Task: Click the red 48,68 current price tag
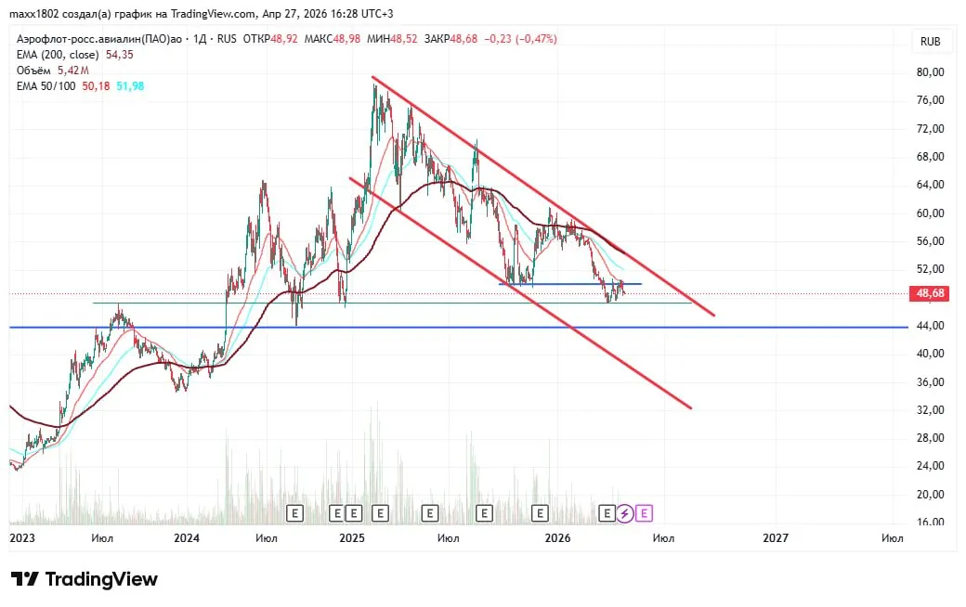click(x=930, y=293)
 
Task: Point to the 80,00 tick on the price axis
click(x=930, y=72)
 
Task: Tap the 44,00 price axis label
click(x=930, y=326)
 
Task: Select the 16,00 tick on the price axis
click(x=930, y=523)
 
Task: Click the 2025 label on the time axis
click(x=352, y=538)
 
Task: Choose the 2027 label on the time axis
click(x=776, y=538)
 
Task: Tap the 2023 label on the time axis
click(x=21, y=538)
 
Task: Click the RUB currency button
click(x=930, y=41)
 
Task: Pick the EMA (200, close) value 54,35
click(x=119, y=55)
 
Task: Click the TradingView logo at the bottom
click(x=85, y=579)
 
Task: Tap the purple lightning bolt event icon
click(x=625, y=512)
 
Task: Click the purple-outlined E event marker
click(x=645, y=512)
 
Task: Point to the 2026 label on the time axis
click(x=557, y=538)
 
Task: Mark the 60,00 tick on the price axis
click(x=930, y=213)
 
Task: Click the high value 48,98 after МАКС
click(x=347, y=39)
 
